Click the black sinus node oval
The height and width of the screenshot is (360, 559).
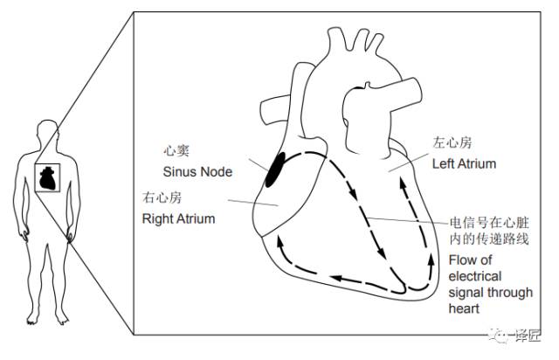pyautogui.click(x=275, y=168)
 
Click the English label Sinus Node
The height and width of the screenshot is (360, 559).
pyautogui.click(x=197, y=171)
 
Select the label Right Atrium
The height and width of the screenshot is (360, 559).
pyautogui.click(x=178, y=218)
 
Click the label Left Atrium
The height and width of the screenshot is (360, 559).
pyautogui.click(x=465, y=163)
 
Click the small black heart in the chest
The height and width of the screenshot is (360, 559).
pyautogui.click(x=49, y=180)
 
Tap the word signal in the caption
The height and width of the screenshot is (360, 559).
pyautogui.click(x=465, y=292)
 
